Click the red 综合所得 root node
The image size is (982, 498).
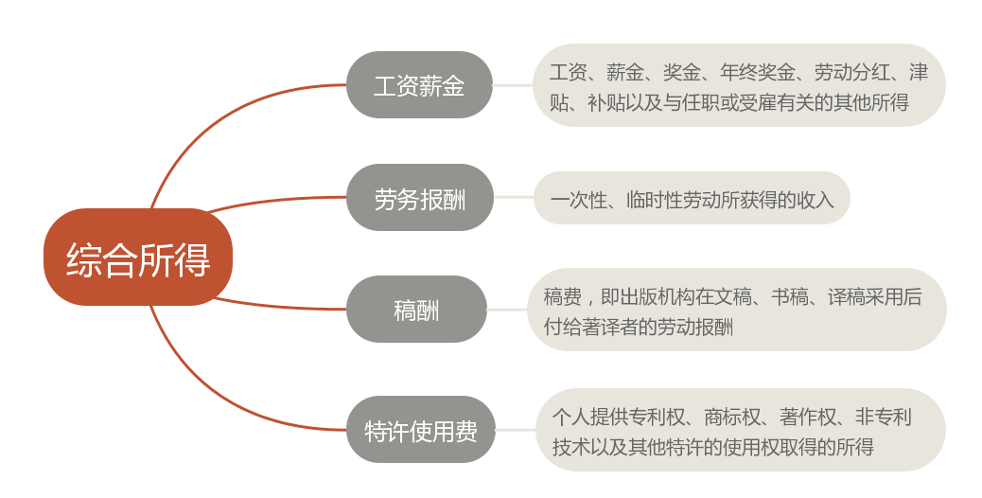point(138,258)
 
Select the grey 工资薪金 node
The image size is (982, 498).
point(419,85)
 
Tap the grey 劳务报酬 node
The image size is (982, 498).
point(419,198)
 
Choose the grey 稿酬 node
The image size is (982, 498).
point(416,310)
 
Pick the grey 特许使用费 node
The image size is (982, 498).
point(420,430)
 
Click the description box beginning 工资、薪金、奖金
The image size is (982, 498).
point(739,85)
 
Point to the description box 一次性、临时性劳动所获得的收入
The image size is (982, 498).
point(692,198)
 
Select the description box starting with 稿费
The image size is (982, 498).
point(736,310)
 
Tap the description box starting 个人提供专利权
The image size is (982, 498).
point(740,430)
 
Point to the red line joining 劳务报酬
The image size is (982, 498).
point(274,201)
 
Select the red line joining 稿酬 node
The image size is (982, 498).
point(274,306)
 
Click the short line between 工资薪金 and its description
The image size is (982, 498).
point(513,85)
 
